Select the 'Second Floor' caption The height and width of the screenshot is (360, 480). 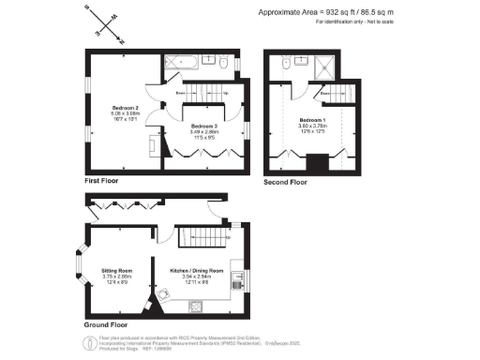(285, 181)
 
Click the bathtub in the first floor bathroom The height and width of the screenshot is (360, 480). (179, 63)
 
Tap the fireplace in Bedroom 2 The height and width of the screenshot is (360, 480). (153, 144)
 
